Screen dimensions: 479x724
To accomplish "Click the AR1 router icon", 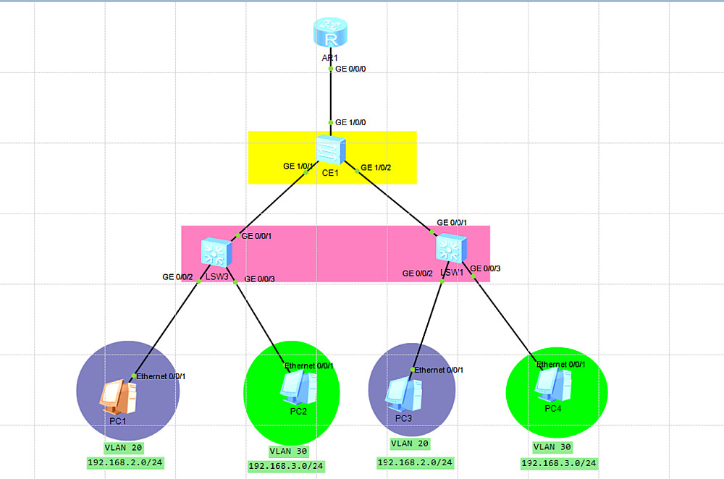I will pos(332,33).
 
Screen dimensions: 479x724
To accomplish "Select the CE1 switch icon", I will pos(331,149).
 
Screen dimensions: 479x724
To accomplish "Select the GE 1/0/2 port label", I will pos(376,168).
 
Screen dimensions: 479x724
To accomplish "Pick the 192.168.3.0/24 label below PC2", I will pos(286,466).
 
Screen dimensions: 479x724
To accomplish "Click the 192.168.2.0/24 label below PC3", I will pos(415,462).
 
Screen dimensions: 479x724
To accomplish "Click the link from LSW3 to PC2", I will pos(257,318).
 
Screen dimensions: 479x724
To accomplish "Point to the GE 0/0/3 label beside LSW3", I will pos(261,279).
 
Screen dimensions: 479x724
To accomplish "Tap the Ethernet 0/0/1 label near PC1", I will pos(161,376).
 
